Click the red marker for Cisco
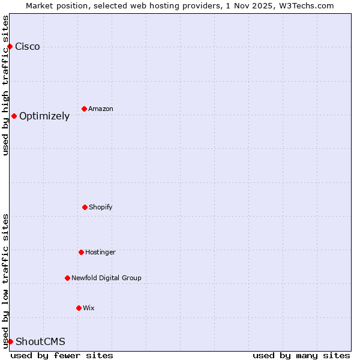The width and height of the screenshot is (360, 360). [x=10, y=47]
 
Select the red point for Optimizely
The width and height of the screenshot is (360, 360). [x=14, y=116]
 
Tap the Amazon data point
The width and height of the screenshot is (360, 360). [x=84, y=109]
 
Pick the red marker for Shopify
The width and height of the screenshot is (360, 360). [x=85, y=207]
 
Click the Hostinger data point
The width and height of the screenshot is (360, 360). [x=81, y=252]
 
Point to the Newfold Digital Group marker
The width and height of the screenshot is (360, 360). [x=67, y=278]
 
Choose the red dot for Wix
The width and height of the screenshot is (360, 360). [x=79, y=308]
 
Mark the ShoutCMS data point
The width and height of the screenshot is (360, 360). [x=10, y=341]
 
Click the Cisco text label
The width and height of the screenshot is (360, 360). [x=28, y=47]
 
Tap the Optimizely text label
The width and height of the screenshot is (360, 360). [x=44, y=116]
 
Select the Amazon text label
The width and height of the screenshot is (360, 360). [x=101, y=109]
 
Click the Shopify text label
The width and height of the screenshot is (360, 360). [x=101, y=208]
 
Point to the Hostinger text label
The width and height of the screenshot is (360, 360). [x=100, y=253]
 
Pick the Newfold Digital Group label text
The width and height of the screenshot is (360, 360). [x=106, y=278]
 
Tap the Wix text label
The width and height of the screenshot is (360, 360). [x=89, y=308]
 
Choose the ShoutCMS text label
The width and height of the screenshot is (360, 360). [x=40, y=342]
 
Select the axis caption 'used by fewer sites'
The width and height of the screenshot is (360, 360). [x=62, y=355]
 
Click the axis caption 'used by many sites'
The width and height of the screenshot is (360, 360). [x=301, y=355]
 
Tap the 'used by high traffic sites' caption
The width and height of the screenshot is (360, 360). [x=6, y=85]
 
